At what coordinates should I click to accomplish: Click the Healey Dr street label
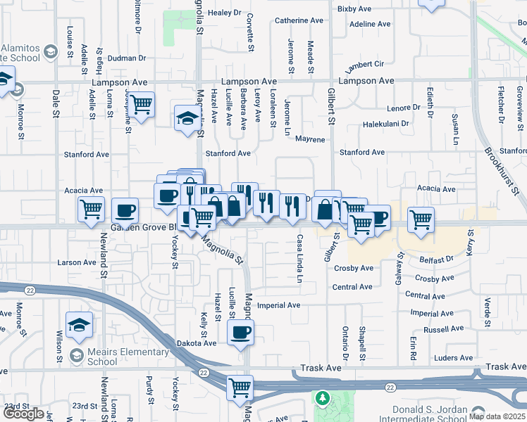[225, 13]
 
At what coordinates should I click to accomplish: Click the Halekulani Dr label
[385, 124]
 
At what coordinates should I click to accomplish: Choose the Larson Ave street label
[77, 262]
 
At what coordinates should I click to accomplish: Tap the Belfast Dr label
[434, 259]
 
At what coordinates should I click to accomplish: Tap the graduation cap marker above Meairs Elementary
[79, 324]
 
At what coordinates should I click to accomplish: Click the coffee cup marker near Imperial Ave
[240, 331]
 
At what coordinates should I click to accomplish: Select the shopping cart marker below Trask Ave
[240, 386]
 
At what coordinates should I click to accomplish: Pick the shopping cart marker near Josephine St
[142, 105]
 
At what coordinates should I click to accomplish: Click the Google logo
[23, 414]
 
